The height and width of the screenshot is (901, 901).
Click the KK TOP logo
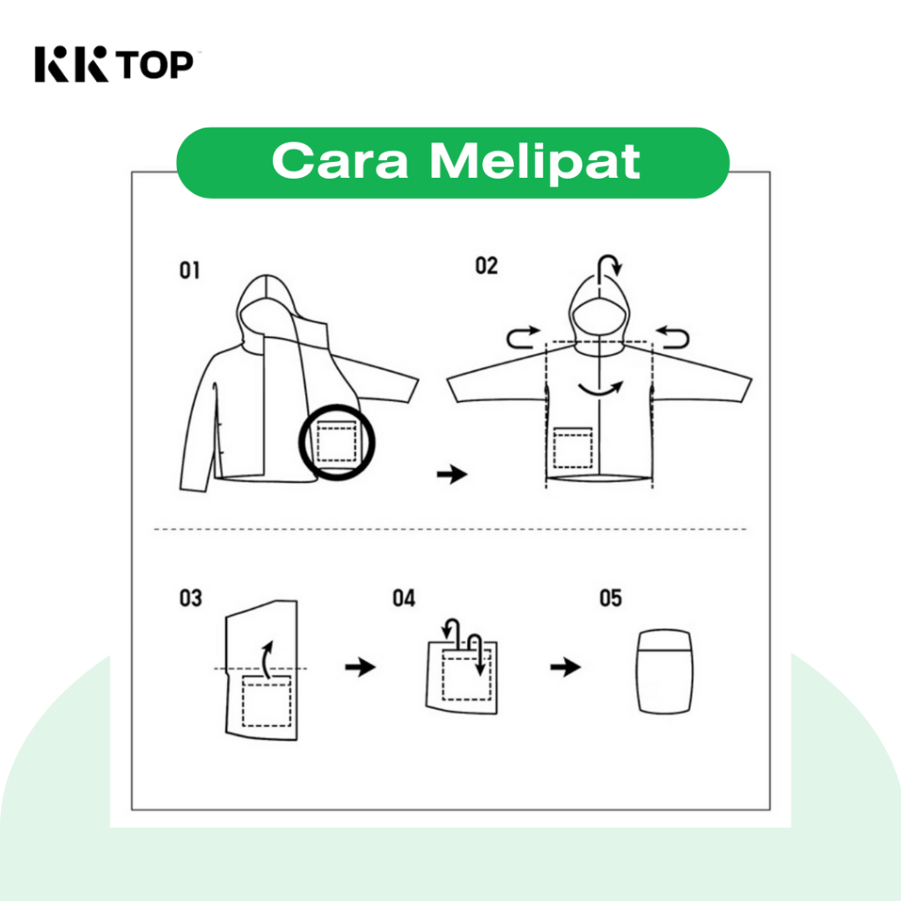[x=114, y=63]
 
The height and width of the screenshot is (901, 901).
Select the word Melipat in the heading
[x=535, y=162]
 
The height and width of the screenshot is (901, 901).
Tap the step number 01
[x=190, y=270]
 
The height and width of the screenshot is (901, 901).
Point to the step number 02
[x=486, y=266]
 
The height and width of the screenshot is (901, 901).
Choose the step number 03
[x=191, y=598]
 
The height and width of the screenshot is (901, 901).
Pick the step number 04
[x=403, y=598]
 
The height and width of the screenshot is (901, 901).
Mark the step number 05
[x=611, y=598]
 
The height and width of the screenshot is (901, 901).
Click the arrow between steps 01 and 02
[x=452, y=474]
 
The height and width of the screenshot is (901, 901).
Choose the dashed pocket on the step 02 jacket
[x=572, y=448]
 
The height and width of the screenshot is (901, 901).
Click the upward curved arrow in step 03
[x=265, y=661]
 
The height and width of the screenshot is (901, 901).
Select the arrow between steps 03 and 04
[x=360, y=667]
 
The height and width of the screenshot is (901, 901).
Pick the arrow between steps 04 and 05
[x=566, y=667]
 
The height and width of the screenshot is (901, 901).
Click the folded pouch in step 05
[x=665, y=671]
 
